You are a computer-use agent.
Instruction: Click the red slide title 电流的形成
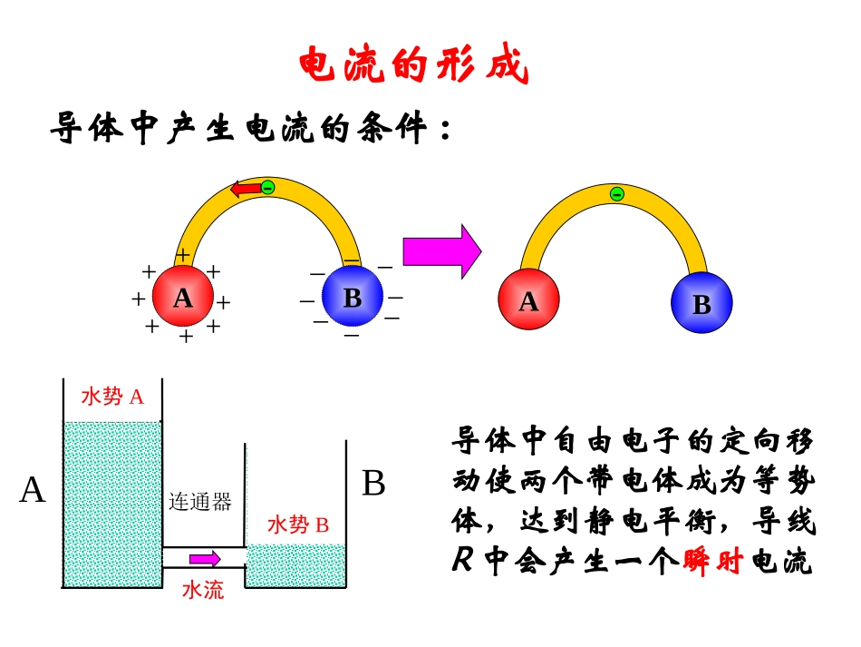pyautogui.click(x=413, y=66)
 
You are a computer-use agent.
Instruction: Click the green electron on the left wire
pyautogui.click(x=268, y=188)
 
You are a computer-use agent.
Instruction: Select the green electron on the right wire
pyautogui.click(x=617, y=193)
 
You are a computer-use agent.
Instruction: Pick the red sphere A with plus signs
pyautogui.click(x=183, y=297)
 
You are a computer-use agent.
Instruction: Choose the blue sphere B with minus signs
pyautogui.click(x=353, y=297)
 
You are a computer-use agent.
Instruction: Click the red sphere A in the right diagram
pyautogui.click(x=529, y=301)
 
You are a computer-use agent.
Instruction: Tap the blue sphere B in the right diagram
pyautogui.click(x=701, y=304)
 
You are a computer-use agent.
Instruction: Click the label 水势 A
pyautogui.click(x=112, y=397)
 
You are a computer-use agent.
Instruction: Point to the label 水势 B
pyautogui.click(x=297, y=524)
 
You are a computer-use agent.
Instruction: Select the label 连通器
pyautogui.click(x=200, y=502)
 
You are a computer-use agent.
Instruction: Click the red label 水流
pyautogui.click(x=203, y=590)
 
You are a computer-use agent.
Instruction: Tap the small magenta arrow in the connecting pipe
pyautogui.click(x=204, y=558)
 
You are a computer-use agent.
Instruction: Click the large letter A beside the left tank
pyautogui.click(x=33, y=490)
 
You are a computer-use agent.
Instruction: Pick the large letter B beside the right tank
pyautogui.click(x=373, y=484)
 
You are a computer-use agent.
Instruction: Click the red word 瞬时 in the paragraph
pyautogui.click(x=712, y=563)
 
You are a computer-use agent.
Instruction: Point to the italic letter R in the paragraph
pyautogui.click(x=462, y=563)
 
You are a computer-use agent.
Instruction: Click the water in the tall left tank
pyautogui.click(x=111, y=504)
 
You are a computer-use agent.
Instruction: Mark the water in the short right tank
pyautogui.click(x=296, y=565)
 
